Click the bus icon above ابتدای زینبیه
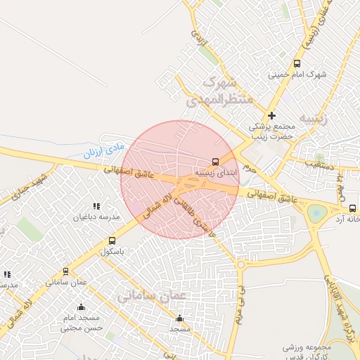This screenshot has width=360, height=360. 215,161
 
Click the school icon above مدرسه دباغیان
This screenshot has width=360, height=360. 96,206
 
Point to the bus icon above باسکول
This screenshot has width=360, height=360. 112,240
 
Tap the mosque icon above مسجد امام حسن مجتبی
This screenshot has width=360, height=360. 81,307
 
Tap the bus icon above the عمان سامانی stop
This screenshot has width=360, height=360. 66,271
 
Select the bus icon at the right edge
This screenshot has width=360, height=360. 352,208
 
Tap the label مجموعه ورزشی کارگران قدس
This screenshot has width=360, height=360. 307,352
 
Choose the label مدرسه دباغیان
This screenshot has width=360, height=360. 97,217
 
